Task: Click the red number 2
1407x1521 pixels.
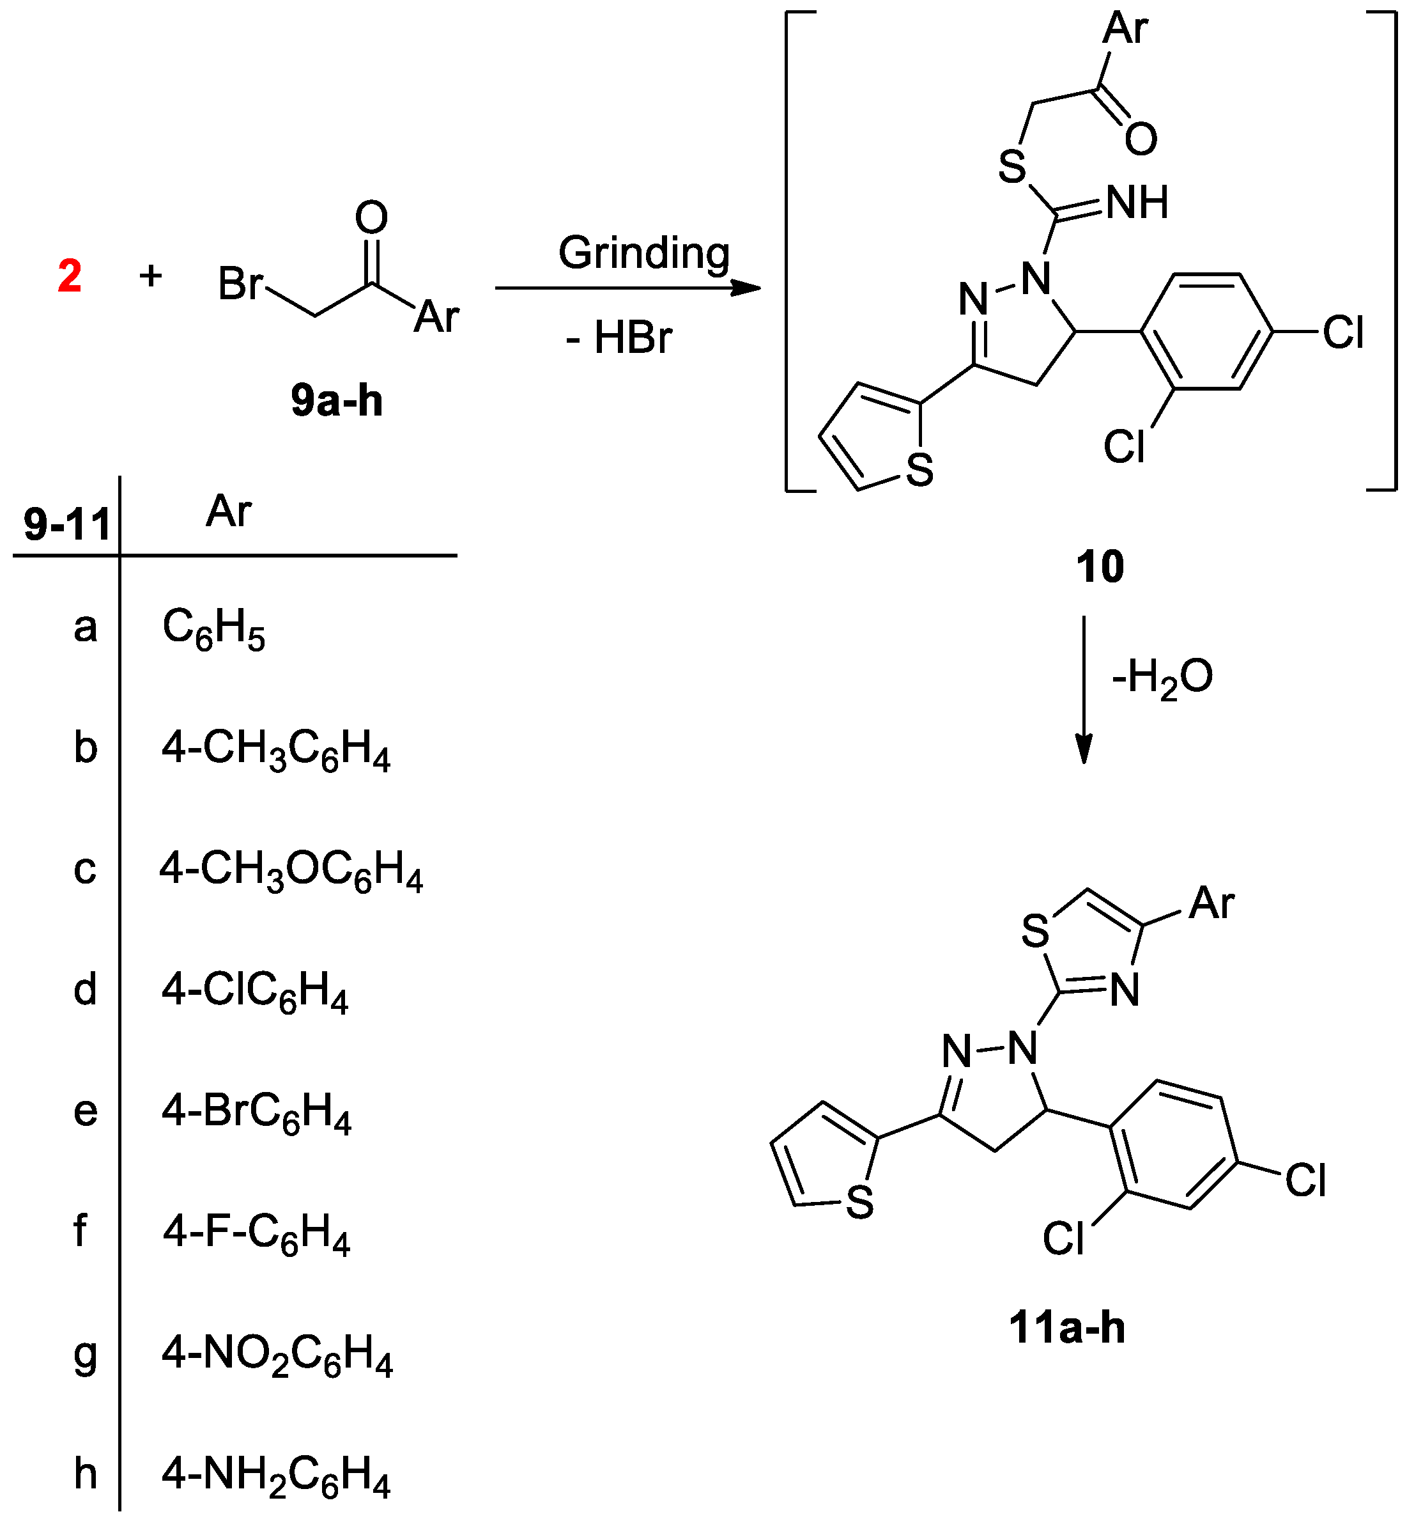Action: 69,276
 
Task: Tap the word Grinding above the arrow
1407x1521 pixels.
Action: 644,253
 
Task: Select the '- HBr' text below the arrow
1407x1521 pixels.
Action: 619,338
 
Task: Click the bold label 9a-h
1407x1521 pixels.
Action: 337,401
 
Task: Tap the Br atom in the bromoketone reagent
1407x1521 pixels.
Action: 240,284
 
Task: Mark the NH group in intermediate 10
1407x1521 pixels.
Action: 1137,203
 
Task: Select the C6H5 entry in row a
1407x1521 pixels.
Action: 214,630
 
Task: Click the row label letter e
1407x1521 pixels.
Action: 85,1111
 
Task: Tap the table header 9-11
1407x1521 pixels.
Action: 67,524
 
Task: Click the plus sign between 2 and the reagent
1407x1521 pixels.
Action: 151,276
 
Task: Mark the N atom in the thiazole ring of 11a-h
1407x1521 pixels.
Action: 1125,991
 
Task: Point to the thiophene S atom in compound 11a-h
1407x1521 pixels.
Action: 859,1203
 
